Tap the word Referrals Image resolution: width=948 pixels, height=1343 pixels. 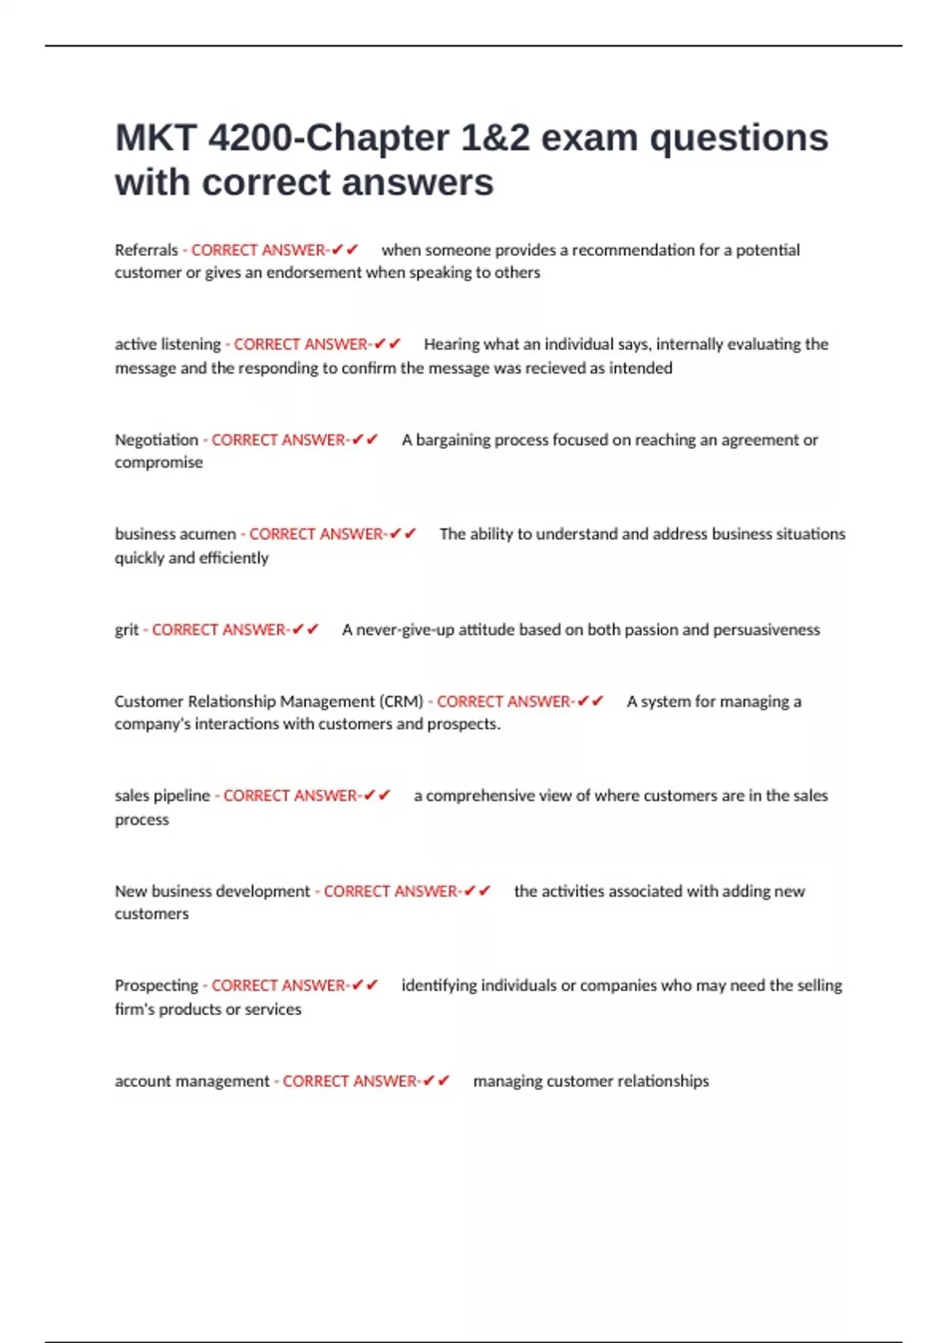click(x=146, y=250)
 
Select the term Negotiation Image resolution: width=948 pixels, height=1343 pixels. click(x=156, y=440)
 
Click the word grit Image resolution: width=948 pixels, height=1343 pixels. click(x=126, y=630)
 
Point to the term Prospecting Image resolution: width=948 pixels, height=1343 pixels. click(x=156, y=986)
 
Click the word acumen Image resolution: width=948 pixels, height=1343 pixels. click(x=209, y=534)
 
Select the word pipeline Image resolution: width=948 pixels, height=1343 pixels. click(x=183, y=796)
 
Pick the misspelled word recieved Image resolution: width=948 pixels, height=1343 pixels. click(x=554, y=368)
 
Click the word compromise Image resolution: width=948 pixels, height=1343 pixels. click(x=159, y=462)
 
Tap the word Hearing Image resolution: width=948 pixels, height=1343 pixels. click(x=451, y=344)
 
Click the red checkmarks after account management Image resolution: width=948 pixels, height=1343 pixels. click(x=436, y=1081)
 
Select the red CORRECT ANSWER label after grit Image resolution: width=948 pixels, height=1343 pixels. click(x=219, y=630)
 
